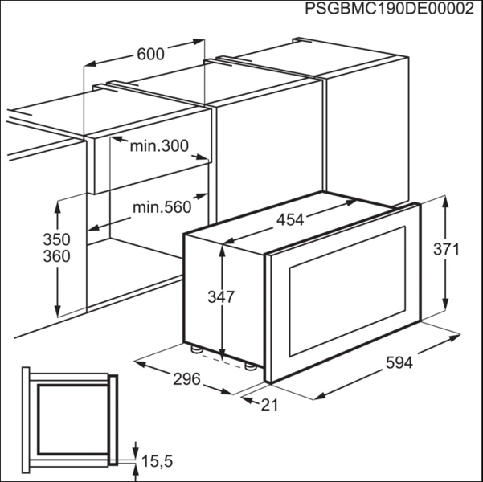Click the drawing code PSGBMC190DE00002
point(389,9)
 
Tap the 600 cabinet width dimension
point(150,54)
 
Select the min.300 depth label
point(159,145)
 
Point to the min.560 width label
point(162,207)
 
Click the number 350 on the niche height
point(57,239)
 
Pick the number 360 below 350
point(57,256)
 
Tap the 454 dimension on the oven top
point(290,220)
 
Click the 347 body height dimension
point(221,297)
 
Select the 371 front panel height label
point(446,249)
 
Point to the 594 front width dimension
point(399,362)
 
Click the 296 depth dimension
point(186,379)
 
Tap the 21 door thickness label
point(269,405)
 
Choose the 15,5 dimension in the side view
point(157,461)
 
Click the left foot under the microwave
point(196,349)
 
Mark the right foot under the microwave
point(250,366)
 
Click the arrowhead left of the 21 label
point(247,400)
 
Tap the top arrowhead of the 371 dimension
point(445,202)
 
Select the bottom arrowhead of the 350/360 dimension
point(57,310)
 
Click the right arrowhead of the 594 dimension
point(455,337)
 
